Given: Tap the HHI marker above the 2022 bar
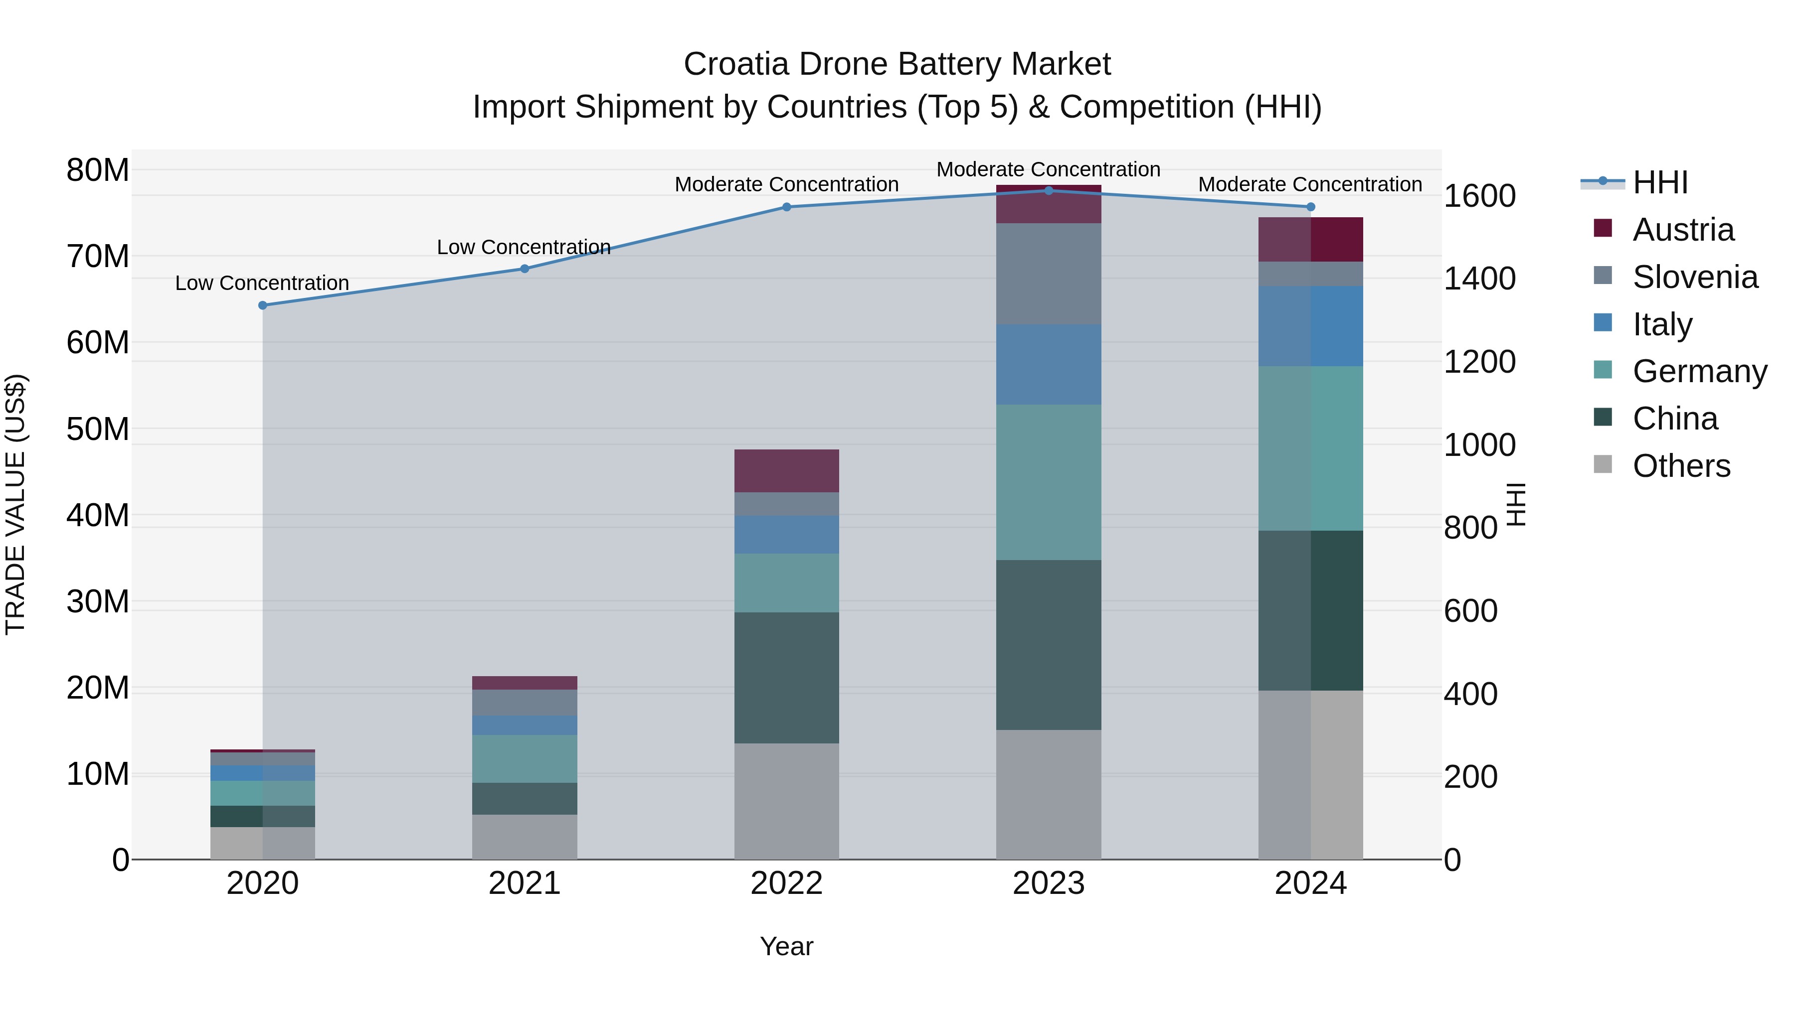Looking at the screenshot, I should tap(787, 207).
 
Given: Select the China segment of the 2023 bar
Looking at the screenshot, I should tap(1048, 645).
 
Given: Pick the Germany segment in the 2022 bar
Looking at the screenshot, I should tap(787, 583).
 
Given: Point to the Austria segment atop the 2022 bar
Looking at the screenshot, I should tap(787, 471).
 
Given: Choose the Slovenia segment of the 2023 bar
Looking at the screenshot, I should tap(1048, 274).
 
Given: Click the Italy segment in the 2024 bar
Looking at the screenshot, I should tap(1310, 326).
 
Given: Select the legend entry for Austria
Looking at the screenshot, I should tap(1683, 230).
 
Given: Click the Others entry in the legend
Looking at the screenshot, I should tap(1681, 466).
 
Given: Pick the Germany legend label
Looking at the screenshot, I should tap(1700, 371).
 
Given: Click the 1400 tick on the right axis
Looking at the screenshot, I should tap(1479, 279).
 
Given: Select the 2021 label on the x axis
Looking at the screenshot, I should tap(525, 883).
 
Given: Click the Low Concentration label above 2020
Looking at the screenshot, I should tap(262, 284).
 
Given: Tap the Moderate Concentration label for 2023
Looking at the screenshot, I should tap(1048, 169).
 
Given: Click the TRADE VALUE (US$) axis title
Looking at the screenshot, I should tap(15, 504).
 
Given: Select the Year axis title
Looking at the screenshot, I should tap(787, 946).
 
